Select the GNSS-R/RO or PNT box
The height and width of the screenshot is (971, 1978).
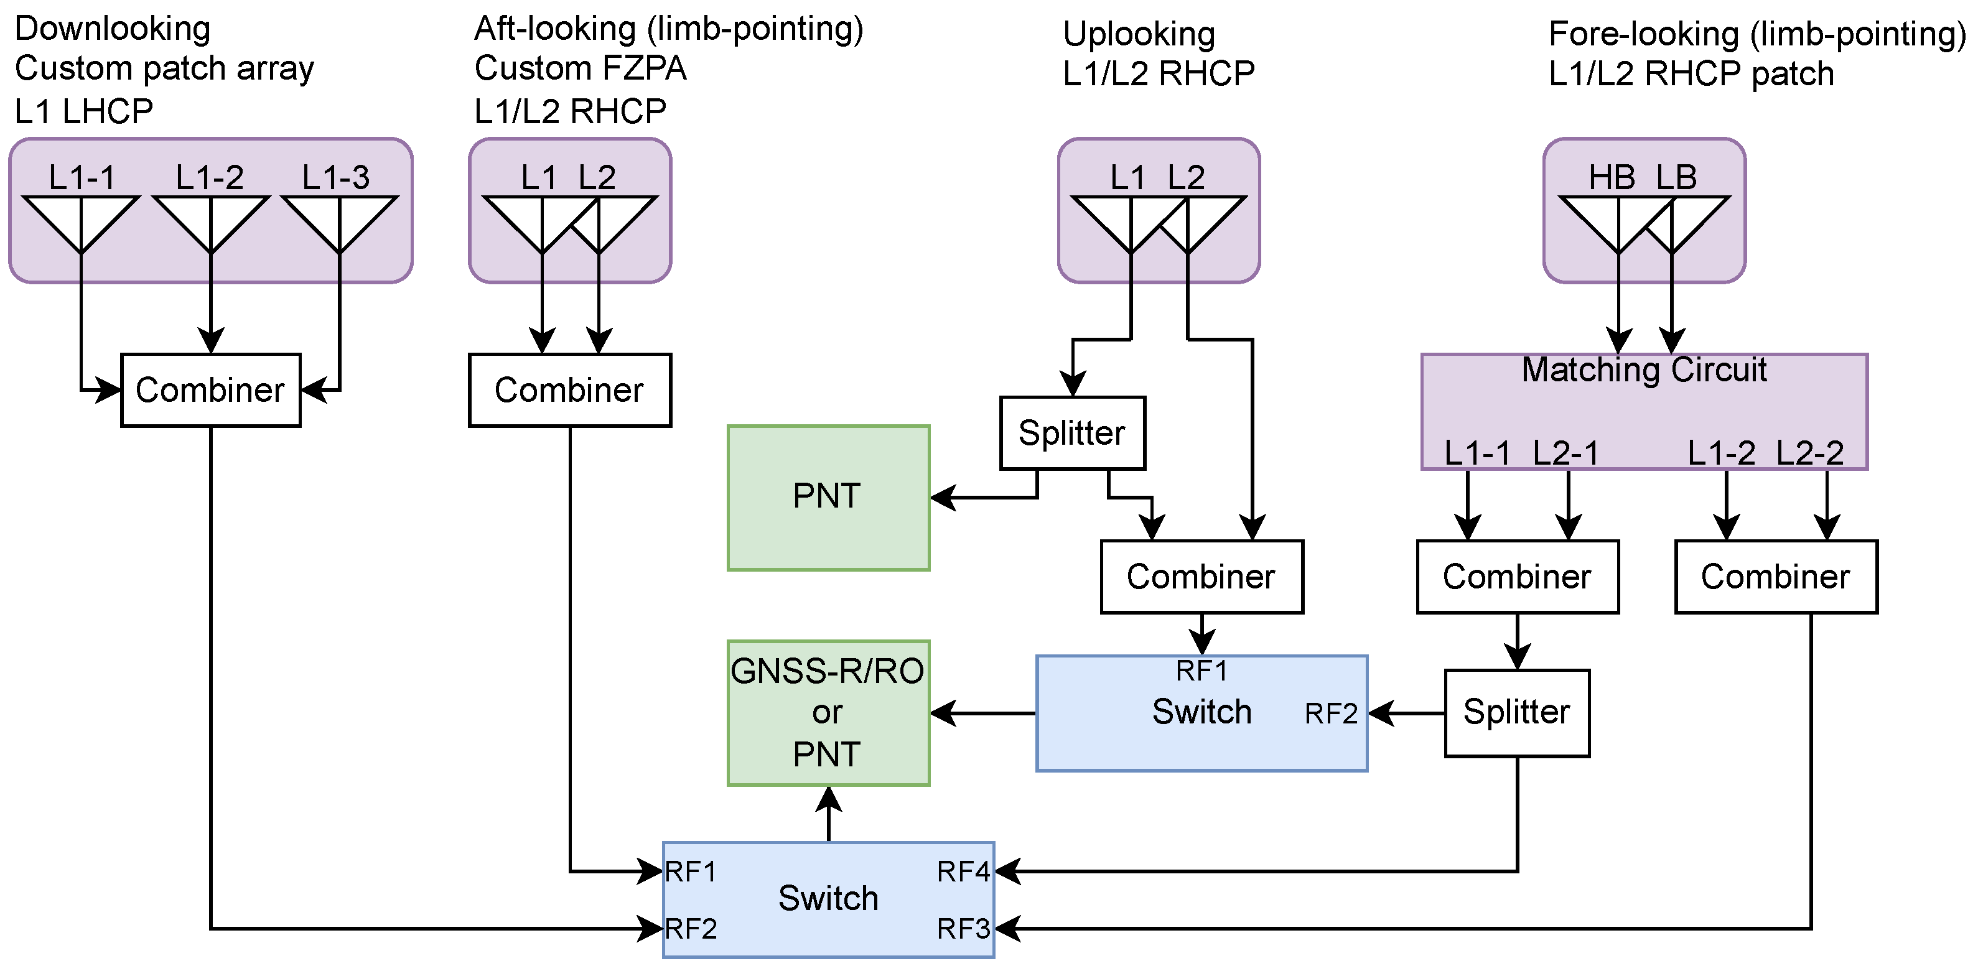pyautogui.click(x=828, y=712)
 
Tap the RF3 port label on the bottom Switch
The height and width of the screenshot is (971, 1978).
pyautogui.click(x=964, y=929)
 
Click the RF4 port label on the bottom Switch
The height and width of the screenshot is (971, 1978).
pyautogui.click(x=964, y=871)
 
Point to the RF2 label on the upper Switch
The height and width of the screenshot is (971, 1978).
pyautogui.click(x=1331, y=714)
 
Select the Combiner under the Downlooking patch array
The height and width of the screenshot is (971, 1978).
pyautogui.click(x=210, y=390)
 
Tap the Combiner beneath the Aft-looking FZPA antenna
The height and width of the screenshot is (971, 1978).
pyautogui.click(x=570, y=390)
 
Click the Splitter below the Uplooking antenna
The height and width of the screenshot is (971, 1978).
pyautogui.click(x=1072, y=433)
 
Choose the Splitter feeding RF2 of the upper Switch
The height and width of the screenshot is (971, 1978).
pyautogui.click(x=1516, y=712)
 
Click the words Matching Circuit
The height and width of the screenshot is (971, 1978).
pyautogui.click(x=1643, y=370)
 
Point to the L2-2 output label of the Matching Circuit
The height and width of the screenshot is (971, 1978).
pyautogui.click(x=1810, y=453)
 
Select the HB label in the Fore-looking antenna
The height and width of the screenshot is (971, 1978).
pyautogui.click(x=1612, y=177)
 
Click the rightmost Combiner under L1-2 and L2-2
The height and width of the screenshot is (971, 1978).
pyautogui.click(x=1775, y=577)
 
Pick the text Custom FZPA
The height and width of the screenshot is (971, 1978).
pyautogui.click(x=580, y=68)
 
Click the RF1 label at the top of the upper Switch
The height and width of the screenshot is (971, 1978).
pyautogui.click(x=1201, y=671)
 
